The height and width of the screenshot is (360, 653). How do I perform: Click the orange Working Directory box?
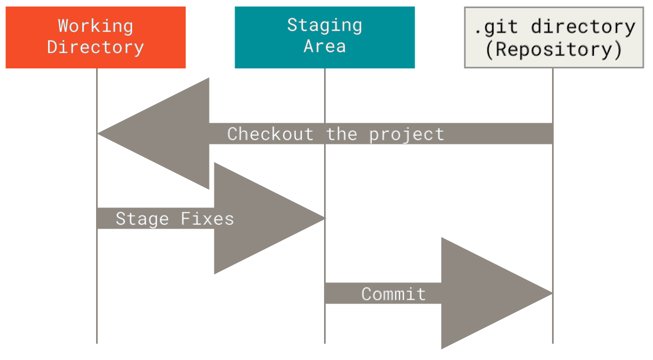(96, 37)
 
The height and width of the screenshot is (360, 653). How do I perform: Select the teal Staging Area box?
(325, 37)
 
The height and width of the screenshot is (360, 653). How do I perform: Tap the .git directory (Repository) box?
(553, 37)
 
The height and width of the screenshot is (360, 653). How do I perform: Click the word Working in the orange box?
(96, 26)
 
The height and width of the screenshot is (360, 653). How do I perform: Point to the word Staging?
(325, 25)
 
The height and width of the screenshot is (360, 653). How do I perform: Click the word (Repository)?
(553, 49)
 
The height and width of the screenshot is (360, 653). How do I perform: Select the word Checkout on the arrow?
(270, 134)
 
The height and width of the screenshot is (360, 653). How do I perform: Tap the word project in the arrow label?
(407, 134)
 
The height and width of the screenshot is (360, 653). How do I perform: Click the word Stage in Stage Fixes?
(142, 218)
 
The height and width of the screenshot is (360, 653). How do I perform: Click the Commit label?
(394, 294)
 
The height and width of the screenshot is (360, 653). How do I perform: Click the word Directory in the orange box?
(96, 47)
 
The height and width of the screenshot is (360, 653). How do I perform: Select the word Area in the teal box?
(325, 46)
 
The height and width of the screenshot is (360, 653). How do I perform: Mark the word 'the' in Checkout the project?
(341, 134)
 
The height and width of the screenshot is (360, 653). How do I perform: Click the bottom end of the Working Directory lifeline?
(97, 342)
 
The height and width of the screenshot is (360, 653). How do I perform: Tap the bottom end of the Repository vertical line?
(553, 342)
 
